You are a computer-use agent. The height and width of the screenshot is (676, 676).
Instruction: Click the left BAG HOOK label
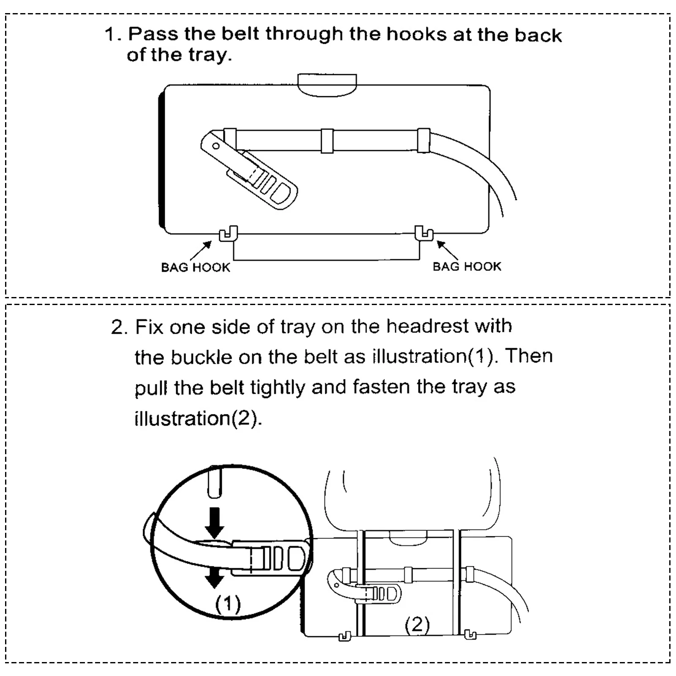[196, 267]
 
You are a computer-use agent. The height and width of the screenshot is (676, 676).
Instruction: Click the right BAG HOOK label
[467, 267]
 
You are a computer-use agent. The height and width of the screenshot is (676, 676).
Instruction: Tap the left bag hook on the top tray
[229, 234]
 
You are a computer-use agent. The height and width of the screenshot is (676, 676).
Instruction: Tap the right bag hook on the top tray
[424, 234]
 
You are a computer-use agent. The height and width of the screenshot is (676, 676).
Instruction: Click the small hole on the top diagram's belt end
[216, 146]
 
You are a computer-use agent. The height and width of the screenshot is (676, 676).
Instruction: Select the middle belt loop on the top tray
[327, 141]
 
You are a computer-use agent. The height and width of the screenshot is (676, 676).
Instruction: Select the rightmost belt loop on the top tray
[423, 140]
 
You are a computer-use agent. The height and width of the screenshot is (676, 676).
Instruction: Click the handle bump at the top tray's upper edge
[327, 84]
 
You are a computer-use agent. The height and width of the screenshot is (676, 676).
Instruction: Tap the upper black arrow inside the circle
[215, 522]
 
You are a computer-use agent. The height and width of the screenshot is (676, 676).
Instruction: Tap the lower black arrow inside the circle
[215, 577]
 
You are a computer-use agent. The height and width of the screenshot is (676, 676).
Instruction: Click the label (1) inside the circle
[228, 604]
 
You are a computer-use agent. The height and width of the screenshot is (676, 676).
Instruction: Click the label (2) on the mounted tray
[417, 625]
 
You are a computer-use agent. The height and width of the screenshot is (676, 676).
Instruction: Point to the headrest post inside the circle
[215, 482]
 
